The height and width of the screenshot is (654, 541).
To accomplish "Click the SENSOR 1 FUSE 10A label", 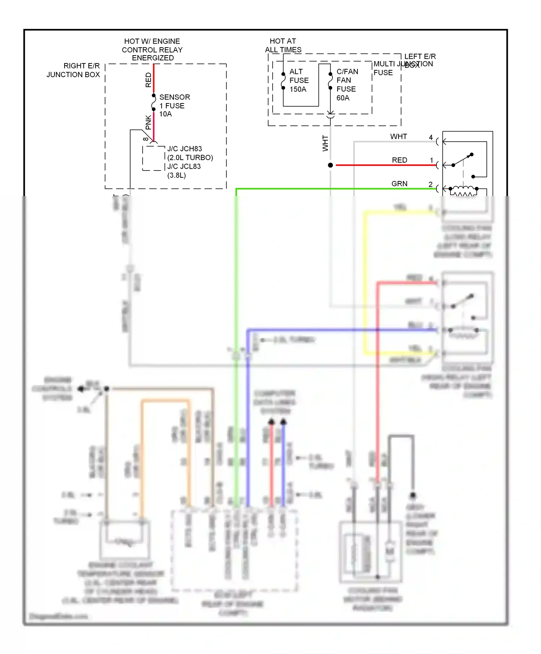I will tap(174, 106).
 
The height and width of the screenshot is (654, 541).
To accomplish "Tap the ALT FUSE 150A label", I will tap(299, 80).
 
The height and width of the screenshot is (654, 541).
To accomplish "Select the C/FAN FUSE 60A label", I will tap(347, 85).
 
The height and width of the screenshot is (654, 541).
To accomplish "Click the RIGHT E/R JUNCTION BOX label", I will tap(73, 70).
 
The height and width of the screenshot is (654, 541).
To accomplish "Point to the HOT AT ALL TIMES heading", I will tap(283, 45).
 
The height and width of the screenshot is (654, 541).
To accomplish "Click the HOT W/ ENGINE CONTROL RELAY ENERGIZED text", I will tap(152, 50).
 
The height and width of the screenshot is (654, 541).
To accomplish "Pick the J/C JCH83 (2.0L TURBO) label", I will tap(190, 153).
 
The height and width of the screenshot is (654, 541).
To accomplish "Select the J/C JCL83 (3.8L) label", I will tap(184, 171).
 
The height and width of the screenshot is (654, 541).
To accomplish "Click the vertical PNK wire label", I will tap(148, 123).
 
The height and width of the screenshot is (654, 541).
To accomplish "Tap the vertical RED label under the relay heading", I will tap(148, 80).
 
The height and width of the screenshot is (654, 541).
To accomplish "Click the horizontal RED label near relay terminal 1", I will tap(399, 160).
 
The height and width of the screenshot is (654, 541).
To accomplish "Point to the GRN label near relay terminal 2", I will tap(399, 184).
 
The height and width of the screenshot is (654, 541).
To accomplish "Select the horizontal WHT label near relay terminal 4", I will tap(399, 137).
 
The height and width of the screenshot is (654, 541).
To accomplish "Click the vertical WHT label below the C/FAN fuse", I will tap(325, 143).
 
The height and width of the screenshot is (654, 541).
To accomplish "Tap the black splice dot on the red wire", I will tap(330, 165).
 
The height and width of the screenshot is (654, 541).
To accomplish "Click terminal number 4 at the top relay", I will tap(431, 137).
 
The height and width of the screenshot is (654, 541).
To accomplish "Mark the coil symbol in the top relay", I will tap(463, 190).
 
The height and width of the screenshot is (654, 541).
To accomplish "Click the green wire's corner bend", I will tap(236, 189).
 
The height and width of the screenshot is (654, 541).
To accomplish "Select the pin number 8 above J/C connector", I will tap(145, 139).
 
